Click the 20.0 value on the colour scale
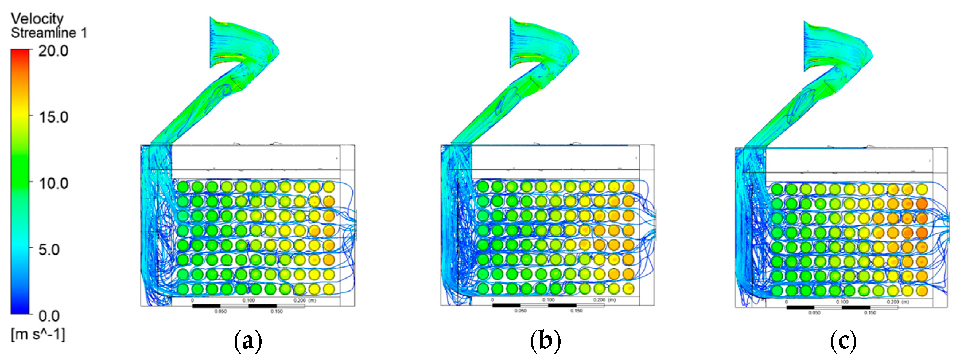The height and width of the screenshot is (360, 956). (x=53, y=51)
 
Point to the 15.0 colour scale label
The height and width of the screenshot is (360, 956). (x=53, y=117)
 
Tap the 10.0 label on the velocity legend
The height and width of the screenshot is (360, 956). (x=53, y=183)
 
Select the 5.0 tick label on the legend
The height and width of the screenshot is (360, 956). (x=49, y=250)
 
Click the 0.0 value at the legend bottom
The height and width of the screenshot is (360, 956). (x=49, y=316)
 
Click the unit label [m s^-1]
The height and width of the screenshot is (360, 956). (x=38, y=335)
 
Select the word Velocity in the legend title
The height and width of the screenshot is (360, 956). (x=37, y=18)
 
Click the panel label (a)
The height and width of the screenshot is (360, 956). (x=248, y=341)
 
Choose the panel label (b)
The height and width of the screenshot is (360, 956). (x=545, y=341)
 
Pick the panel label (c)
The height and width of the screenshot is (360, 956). (x=843, y=341)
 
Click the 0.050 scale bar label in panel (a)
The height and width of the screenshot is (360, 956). (x=220, y=311)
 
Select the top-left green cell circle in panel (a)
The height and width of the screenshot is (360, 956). (x=183, y=187)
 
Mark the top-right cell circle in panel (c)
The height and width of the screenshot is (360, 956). (x=922, y=189)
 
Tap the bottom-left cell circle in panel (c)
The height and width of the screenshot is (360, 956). (x=777, y=291)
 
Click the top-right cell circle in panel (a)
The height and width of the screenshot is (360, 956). (x=329, y=187)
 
